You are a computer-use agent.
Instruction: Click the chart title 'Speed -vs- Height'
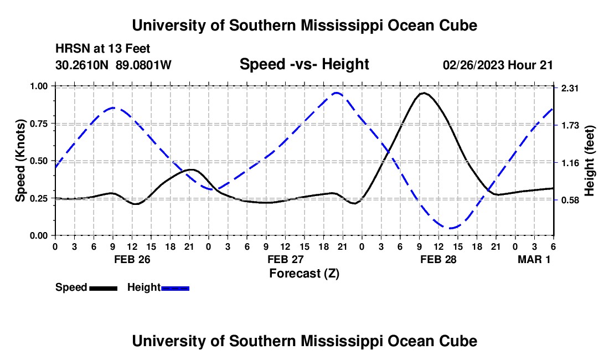304,64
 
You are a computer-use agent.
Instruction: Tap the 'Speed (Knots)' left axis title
20,160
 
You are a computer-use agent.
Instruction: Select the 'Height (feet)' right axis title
589,161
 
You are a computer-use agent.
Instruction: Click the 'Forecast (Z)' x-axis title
304,273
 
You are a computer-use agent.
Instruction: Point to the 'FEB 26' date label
132,260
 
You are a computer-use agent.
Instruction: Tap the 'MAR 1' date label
534,260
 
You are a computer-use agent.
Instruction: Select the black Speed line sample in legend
103,287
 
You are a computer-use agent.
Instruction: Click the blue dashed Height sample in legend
175,287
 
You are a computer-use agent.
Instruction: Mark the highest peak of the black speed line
424,93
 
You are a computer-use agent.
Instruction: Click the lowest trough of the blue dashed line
452,228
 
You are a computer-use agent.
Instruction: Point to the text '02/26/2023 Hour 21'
498,65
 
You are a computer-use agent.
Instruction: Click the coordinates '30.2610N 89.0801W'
113,65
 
